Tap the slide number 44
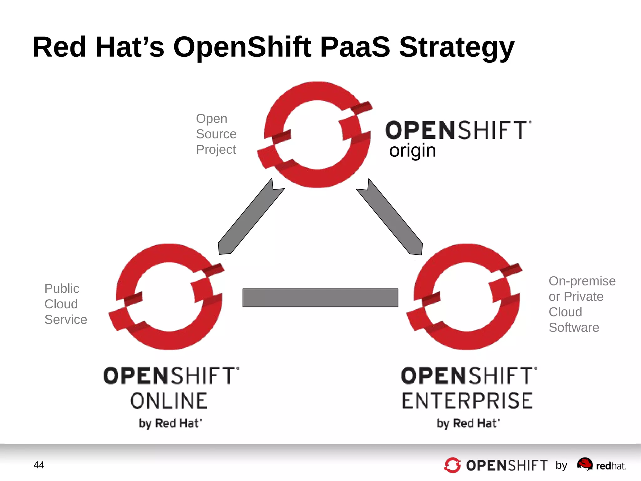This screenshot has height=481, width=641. pyautogui.click(x=39, y=465)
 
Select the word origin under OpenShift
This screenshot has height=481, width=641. pyautogui.click(x=412, y=151)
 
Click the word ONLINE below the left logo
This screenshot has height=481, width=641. pyautogui.click(x=169, y=401)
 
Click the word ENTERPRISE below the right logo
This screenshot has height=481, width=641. pyautogui.click(x=467, y=401)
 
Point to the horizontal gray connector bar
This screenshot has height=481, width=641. pyautogui.click(x=320, y=298)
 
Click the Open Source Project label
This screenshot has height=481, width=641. pyautogui.click(x=216, y=134)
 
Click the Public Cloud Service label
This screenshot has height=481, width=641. pyautogui.click(x=65, y=304)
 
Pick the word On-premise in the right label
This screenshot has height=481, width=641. pyautogui.click(x=582, y=281)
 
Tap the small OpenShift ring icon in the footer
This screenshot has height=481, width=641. pyautogui.click(x=452, y=465)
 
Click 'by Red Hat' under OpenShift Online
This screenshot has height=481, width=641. pyautogui.click(x=170, y=423)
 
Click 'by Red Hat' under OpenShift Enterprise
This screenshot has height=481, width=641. pyautogui.click(x=468, y=423)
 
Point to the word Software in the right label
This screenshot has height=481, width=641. pyautogui.click(x=574, y=327)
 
